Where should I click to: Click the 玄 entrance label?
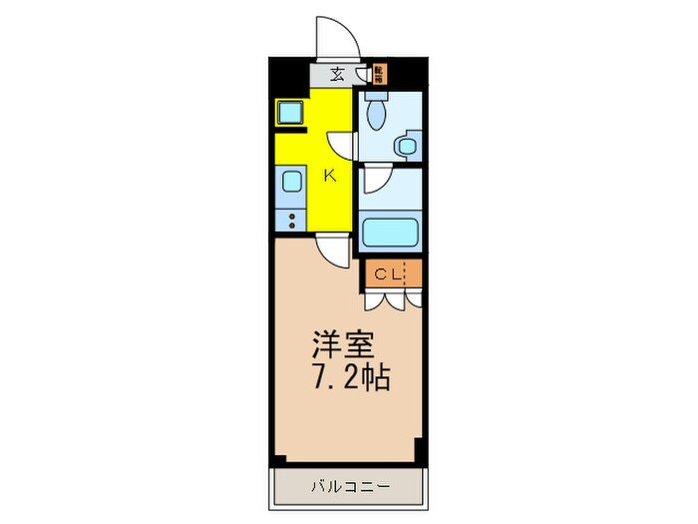pos(337,73)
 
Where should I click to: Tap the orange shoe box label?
pos(379,73)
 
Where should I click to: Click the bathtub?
pos(390,234)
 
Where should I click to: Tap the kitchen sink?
pos(290,182)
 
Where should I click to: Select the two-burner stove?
pos(290,220)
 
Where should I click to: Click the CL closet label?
pos(388,271)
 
